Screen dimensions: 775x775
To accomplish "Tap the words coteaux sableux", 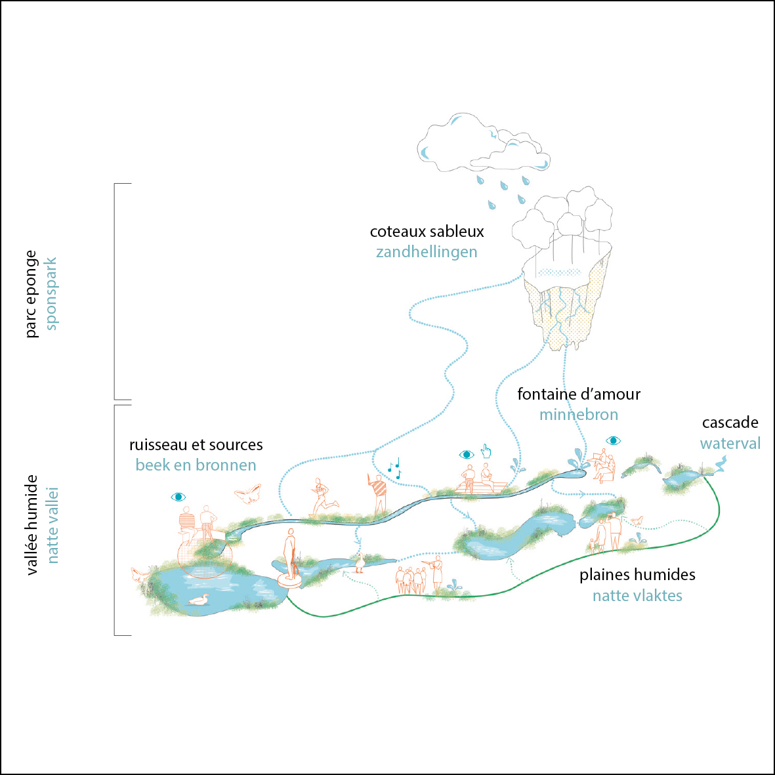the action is coord(427,232).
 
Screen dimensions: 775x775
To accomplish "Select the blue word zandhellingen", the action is coord(427,252).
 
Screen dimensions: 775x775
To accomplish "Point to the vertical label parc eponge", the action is coord(31,294).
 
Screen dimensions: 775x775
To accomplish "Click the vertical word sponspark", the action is coord(51,293).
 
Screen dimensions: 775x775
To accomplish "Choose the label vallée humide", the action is coord(31,525).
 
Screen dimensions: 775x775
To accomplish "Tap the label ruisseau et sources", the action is coord(196,445).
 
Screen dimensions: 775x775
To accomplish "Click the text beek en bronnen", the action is coord(196,465).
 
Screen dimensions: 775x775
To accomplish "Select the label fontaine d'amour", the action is coord(578,394).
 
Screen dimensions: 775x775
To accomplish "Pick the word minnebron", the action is coord(578,415).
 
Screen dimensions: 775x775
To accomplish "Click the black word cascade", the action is coord(730,423).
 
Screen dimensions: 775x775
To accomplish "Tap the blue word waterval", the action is coord(730,444).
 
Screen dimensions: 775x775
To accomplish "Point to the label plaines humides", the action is coord(637,575).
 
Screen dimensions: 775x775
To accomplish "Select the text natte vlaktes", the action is coord(637,596).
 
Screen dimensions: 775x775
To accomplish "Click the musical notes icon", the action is coord(394,469).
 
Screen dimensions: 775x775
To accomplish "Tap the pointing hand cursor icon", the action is coord(486,451).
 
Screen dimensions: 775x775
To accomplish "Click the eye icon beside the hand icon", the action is coord(466,454).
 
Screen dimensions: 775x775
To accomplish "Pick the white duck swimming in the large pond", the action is coord(198,600).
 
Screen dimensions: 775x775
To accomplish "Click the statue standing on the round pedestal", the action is coord(289,558).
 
